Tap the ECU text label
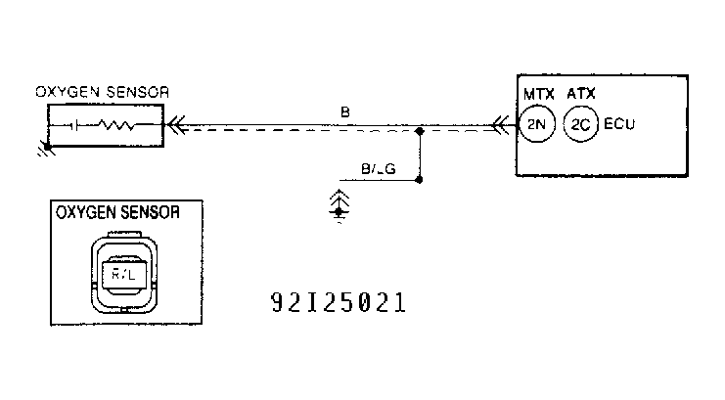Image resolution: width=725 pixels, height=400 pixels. point(617,125)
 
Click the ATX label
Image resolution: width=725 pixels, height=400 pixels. point(582,94)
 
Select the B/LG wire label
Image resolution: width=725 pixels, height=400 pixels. point(378,169)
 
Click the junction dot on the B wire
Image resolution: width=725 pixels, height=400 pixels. point(420,129)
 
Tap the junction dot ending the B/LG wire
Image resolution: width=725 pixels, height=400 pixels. point(420,180)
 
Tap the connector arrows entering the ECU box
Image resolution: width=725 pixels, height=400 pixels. point(502,125)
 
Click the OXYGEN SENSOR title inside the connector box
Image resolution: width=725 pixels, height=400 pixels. point(116,211)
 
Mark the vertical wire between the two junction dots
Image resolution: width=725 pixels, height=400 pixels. point(420,155)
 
